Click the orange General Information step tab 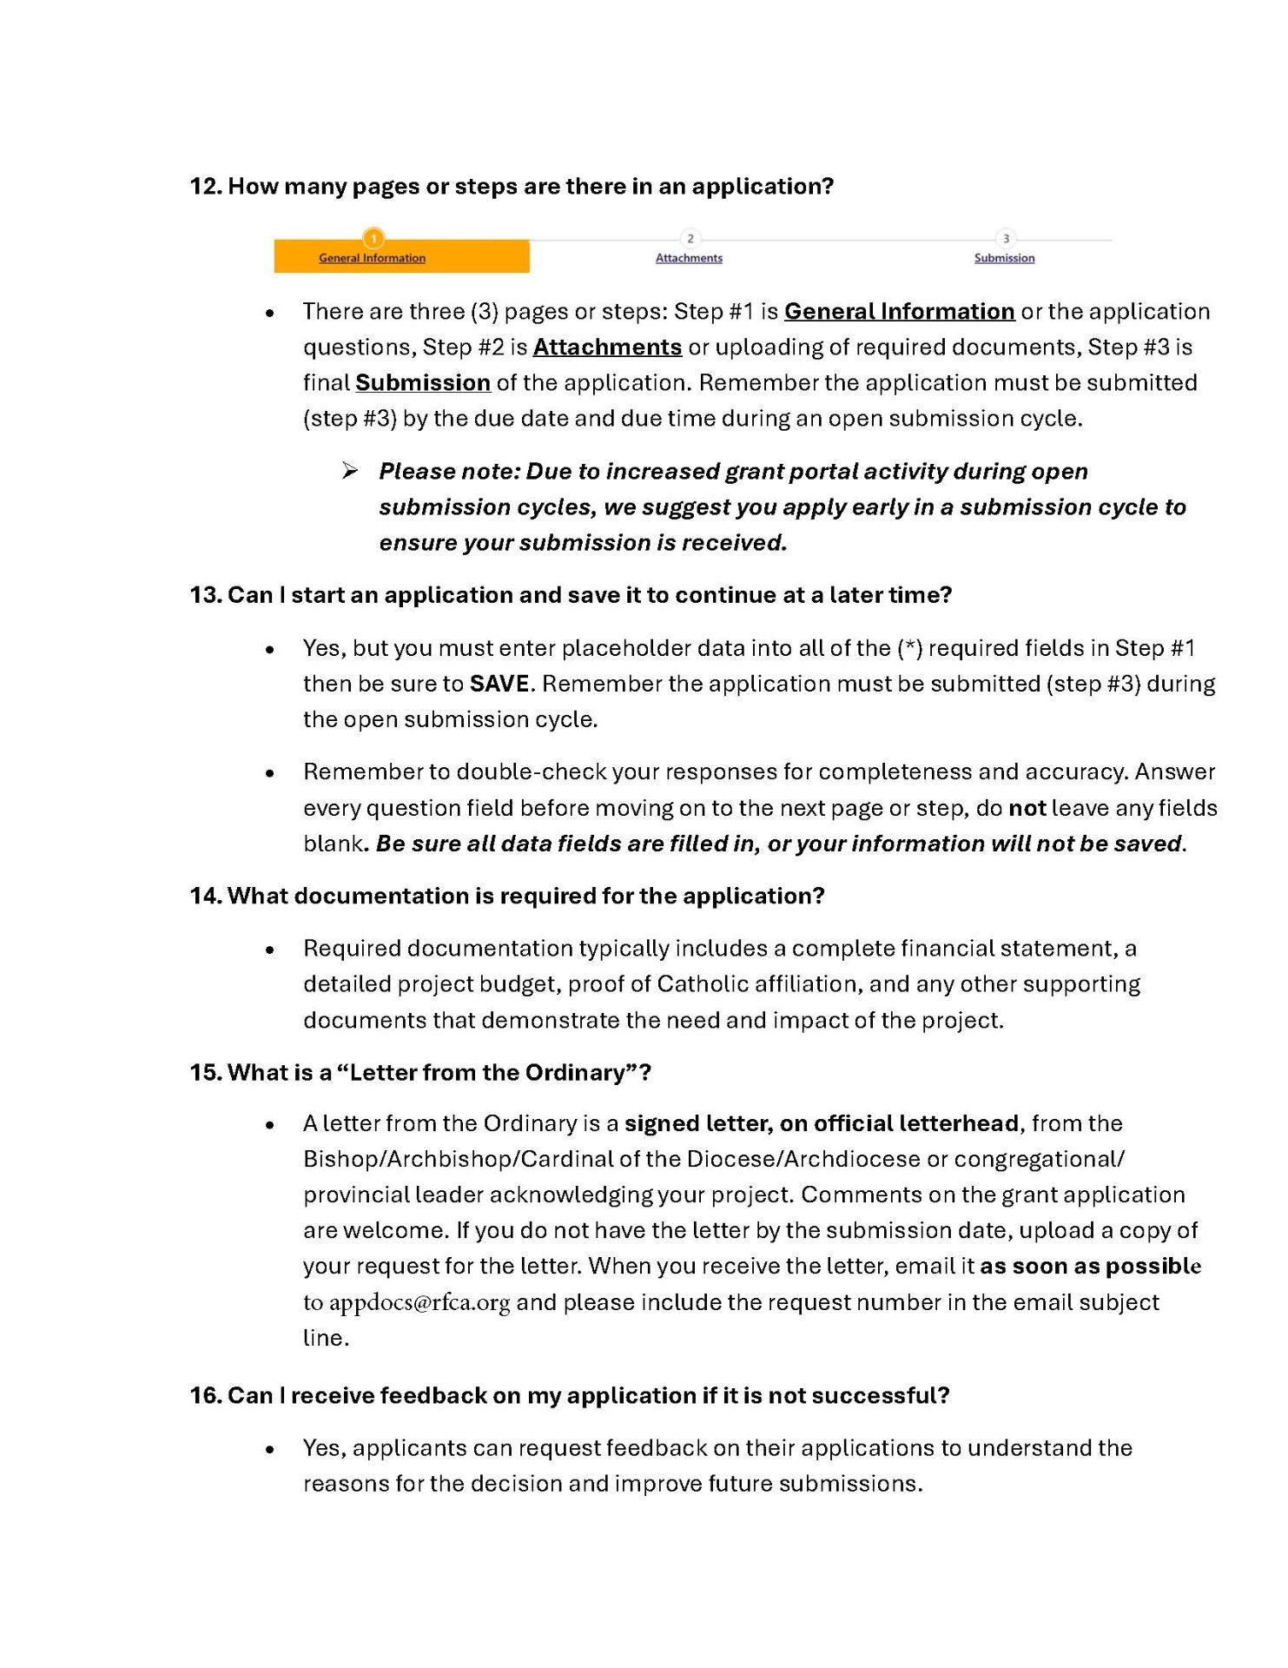[401, 256]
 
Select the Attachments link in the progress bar [689, 258]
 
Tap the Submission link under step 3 [1004, 258]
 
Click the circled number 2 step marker [690, 239]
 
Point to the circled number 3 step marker [1006, 239]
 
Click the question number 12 [205, 187]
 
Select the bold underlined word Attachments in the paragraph [607, 347]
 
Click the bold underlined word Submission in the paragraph [423, 383]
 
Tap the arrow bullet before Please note [350, 471]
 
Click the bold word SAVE [499, 684]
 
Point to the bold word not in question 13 [1027, 808]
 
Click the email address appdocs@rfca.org [419, 1302]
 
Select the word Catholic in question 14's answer [703, 983]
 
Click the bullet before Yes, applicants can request [271, 1449]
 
